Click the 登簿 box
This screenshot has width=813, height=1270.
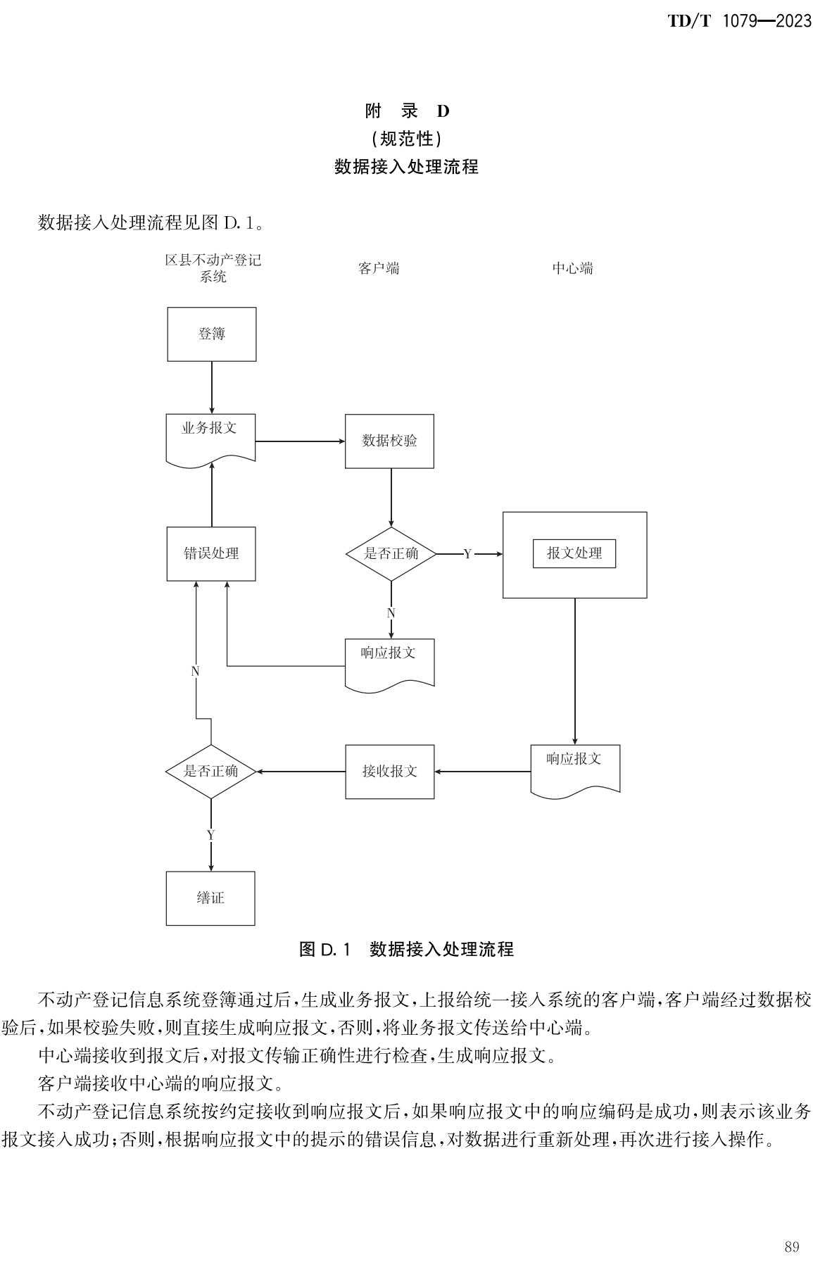pos(211,334)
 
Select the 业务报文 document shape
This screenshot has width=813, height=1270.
pos(210,437)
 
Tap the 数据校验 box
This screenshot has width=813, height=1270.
pos(389,441)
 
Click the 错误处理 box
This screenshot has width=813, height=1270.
pos(211,554)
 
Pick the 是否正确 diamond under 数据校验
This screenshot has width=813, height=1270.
pos(391,554)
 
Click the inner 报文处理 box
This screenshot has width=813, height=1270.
pos(574,554)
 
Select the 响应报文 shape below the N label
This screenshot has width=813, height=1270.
pos(389,662)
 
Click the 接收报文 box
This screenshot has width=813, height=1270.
pos(389,772)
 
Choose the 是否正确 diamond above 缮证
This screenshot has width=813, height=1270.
pos(210,772)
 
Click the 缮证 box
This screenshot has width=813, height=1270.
pos(210,898)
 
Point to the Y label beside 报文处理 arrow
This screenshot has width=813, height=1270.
pos(467,555)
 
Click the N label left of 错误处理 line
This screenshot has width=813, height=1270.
pos(196,672)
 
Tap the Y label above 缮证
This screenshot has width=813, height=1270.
pos(210,835)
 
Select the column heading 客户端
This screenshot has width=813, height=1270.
pos(379,268)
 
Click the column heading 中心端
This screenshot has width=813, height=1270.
pos(572,268)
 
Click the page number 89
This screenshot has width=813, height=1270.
pos(791,1247)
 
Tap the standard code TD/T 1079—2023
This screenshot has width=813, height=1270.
pos(739,22)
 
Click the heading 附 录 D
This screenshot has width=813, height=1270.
pos(407,111)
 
